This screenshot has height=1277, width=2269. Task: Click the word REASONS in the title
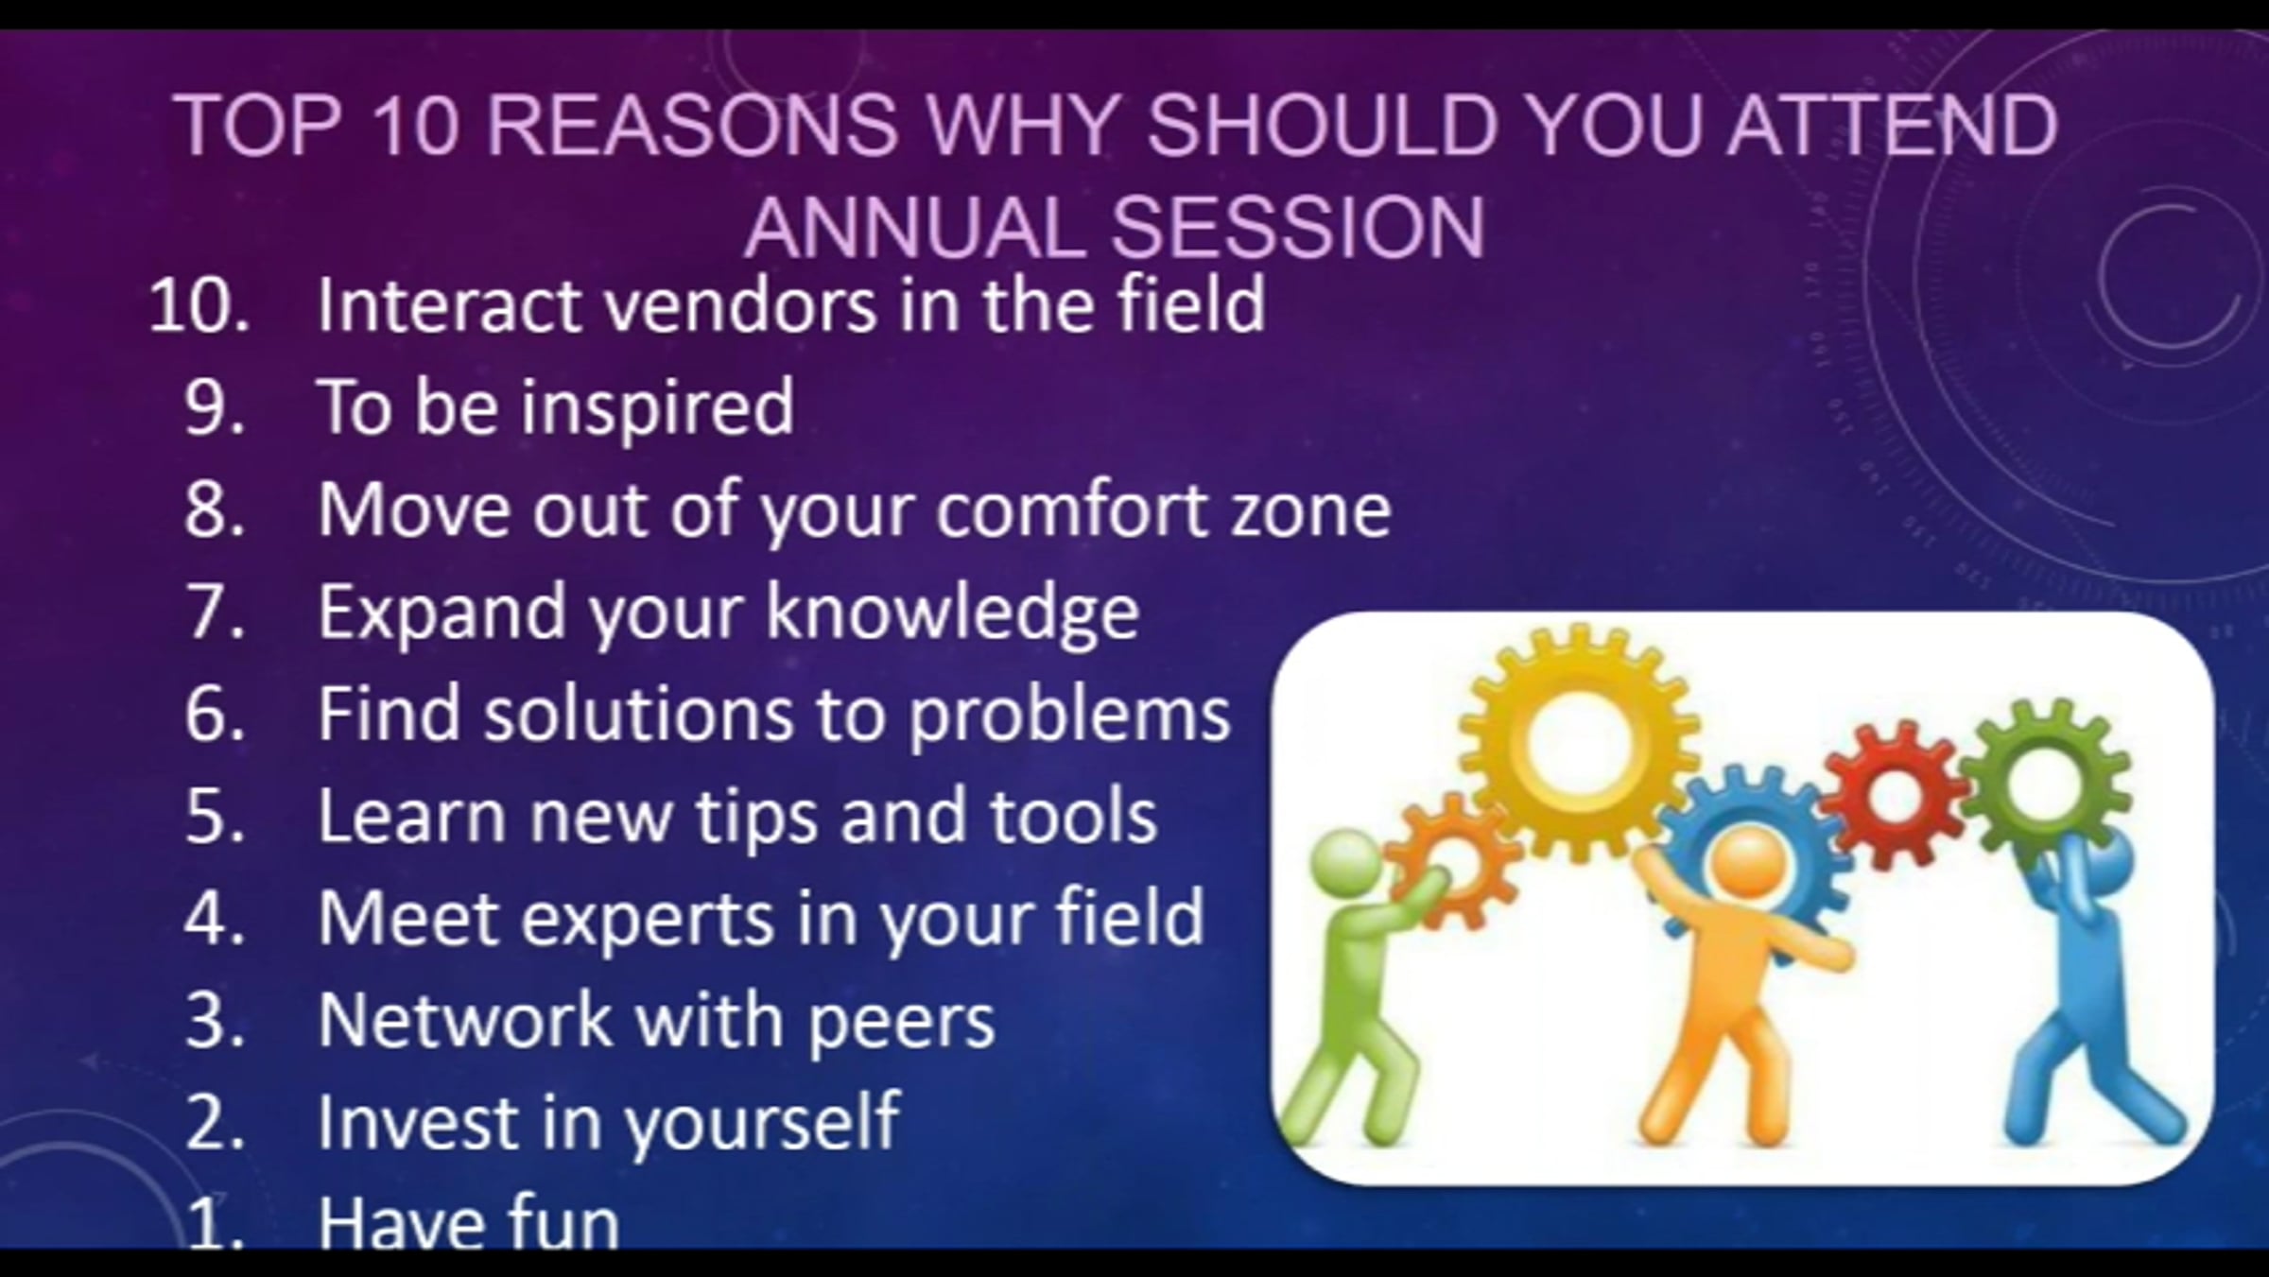[x=691, y=126]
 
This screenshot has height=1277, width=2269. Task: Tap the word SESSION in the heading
[x=1297, y=228]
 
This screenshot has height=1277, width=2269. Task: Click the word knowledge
[x=952, y=613]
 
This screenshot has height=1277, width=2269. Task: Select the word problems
[x=1069, y=715]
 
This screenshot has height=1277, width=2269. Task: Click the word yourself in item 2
[x=762, y=1122]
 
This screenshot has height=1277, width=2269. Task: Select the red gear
[x=1892, y=796]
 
